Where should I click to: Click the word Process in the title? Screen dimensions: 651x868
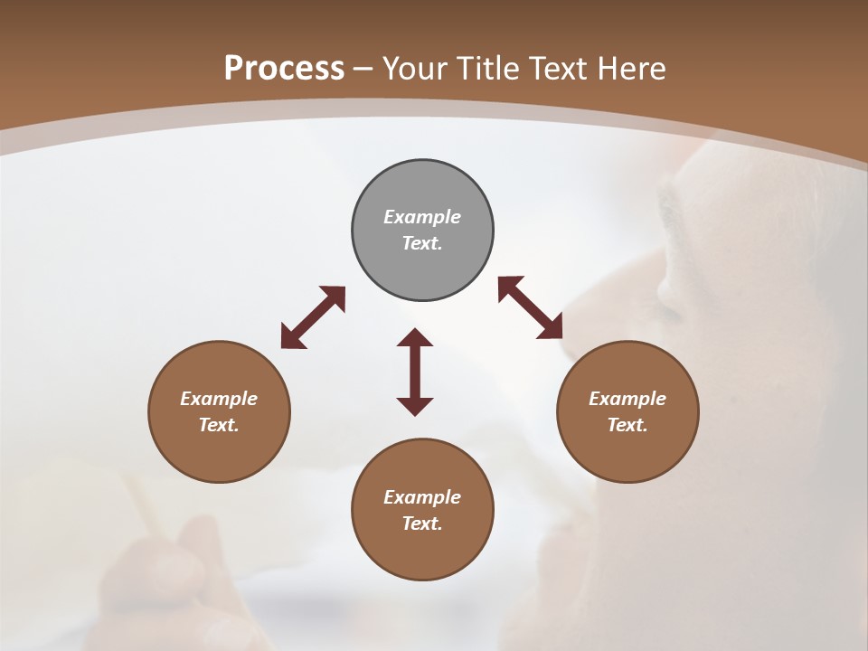284,69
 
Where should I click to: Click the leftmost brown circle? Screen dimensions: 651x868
219,411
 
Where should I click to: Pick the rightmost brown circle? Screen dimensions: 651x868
627,411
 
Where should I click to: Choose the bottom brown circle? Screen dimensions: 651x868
422,510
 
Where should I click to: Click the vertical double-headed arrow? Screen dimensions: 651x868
415,372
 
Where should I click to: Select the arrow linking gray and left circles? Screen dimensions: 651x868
313,317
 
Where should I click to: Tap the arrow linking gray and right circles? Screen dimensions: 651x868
531,307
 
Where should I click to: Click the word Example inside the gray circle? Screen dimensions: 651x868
422,217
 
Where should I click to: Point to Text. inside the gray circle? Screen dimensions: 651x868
422,243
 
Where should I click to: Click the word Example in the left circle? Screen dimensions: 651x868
219,399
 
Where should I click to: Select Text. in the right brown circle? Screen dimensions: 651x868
627,425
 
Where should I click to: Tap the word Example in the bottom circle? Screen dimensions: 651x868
422,497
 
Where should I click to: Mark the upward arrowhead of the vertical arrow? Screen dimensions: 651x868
415,338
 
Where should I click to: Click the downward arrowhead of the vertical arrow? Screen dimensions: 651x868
415,406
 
